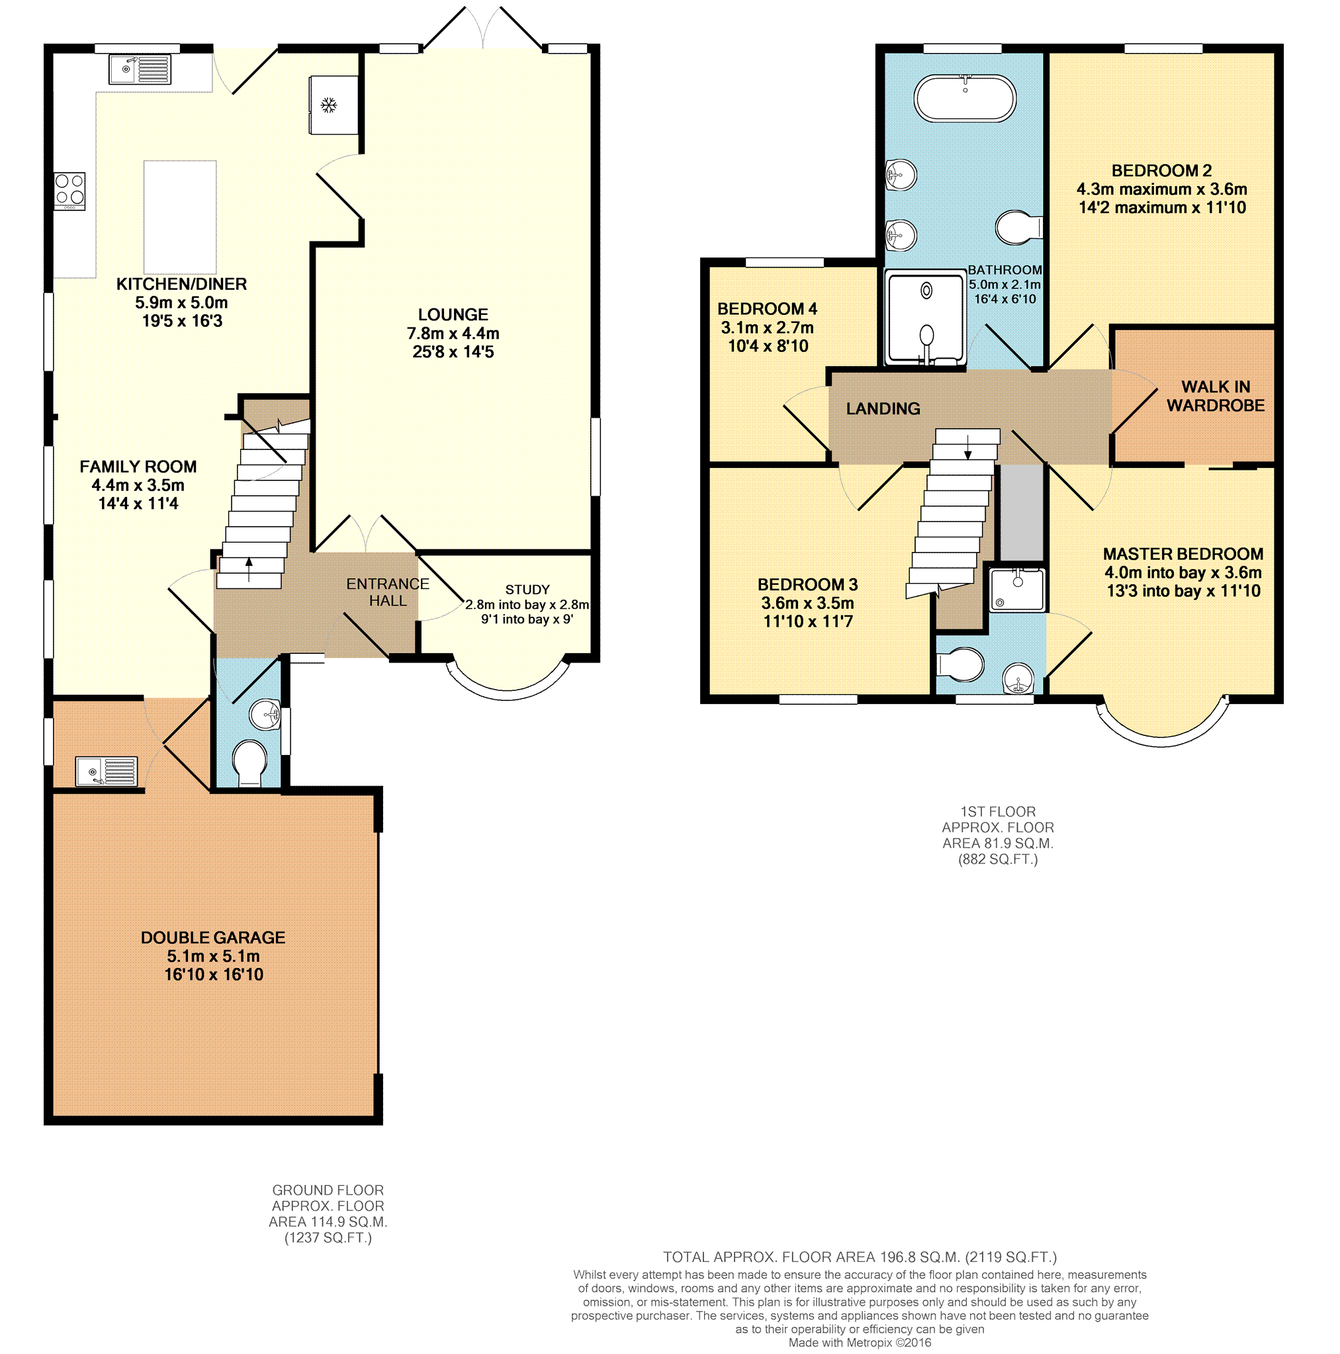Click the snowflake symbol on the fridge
329,106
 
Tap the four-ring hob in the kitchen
70,191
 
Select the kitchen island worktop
180,216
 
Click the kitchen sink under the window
140,69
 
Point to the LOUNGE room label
453,314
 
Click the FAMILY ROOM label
138,467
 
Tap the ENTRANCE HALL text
388,592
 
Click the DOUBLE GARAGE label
213,938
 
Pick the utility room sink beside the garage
107,772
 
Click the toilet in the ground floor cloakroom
249,763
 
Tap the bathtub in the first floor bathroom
965,98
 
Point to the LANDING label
883,408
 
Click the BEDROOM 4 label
768,309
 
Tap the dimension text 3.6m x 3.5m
807,604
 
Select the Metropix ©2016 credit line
860,1343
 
